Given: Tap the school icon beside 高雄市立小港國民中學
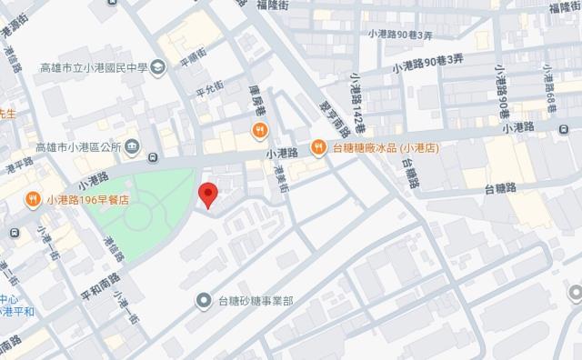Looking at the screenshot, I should [x=158, y=65].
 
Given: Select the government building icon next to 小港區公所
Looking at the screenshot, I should [x=132, y=145].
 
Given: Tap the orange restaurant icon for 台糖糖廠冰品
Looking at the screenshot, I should [x=318, y=145].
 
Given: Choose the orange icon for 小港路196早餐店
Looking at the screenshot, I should [x=33, y=198].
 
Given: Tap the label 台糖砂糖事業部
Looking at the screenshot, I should [x=257, y=300].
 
